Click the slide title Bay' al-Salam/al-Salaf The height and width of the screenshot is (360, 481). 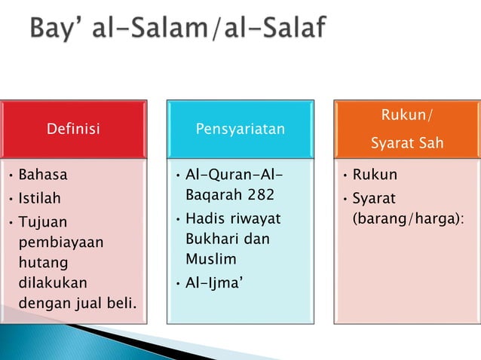(178, 30)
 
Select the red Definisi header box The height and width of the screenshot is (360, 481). (73, 129)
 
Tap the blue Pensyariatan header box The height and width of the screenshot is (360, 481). (240, 129)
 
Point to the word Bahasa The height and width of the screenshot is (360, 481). (43, 175)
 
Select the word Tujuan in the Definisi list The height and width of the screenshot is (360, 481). (43, 224)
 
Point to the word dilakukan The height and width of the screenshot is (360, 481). (53, 284)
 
